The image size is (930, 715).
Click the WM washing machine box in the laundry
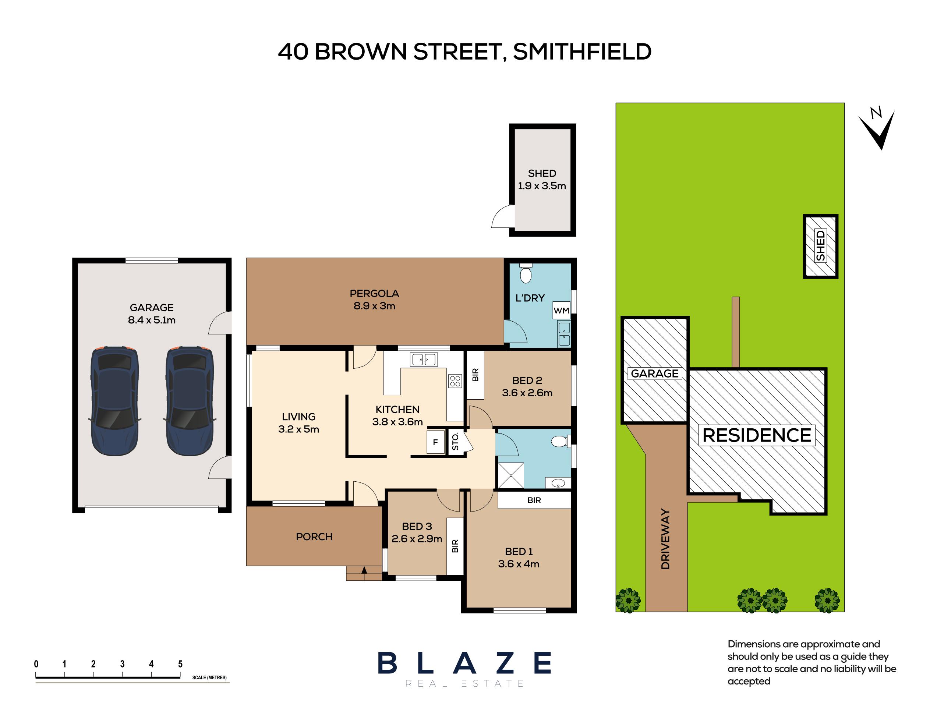(x=561, y=310)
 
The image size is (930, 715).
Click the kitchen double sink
(x=424, y=360)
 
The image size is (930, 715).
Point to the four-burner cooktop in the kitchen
(x=455, y=381)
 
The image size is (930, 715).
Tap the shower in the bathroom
(x=510, y=475)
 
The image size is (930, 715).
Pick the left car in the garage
(x=114, y=401)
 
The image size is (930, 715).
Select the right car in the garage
(x=190, y=401)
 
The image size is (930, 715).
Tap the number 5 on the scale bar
(x=180, y=664)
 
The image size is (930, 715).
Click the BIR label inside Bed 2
(x=475, y=375)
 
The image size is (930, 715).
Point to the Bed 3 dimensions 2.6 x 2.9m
(x=417, y=539)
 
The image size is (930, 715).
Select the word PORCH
(x=314, y=537)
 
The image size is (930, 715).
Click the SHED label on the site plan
(x=820, y=246)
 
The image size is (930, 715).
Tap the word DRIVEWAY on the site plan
(x=665, y=539)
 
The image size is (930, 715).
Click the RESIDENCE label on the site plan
(x=757, y=435)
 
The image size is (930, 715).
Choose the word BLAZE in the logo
(x=465, y=663)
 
